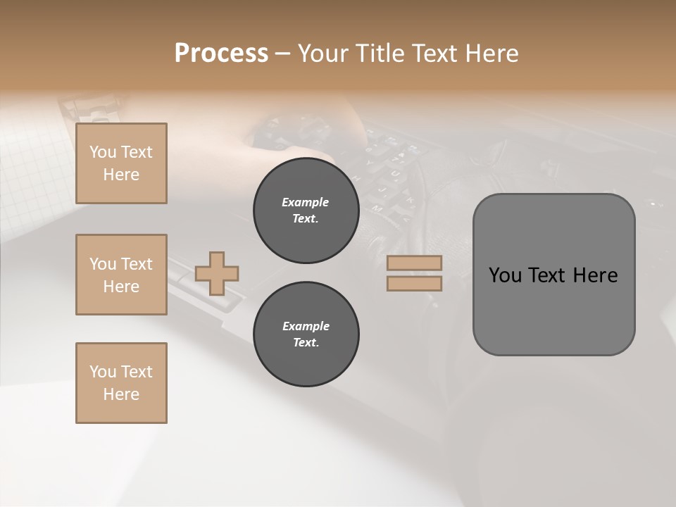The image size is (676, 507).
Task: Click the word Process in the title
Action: tap(221, 54)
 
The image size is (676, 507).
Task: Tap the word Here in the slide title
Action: tap(490, 54)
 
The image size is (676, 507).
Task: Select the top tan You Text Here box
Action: tap(121, 163)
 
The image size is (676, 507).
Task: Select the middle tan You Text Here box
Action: tap(121, 275)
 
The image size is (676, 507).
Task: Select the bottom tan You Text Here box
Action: tap(121, 383)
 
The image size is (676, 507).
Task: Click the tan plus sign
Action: tap(217, 273)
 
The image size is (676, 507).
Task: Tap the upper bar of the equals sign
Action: tap(414, 263)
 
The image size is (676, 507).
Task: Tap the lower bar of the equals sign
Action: tap(414, 283)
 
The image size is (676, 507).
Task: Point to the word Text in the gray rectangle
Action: tap(547, 275)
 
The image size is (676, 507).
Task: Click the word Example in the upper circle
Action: tap(306, 202)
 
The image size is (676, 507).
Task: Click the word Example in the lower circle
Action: tap(306, 326)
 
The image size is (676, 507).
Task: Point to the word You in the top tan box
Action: tap(103, 152)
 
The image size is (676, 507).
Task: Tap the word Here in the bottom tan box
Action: tap(121, 394)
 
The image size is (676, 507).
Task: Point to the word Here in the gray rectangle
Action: tap(595, 275)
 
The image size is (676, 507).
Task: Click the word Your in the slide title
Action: tap(323, 54)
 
